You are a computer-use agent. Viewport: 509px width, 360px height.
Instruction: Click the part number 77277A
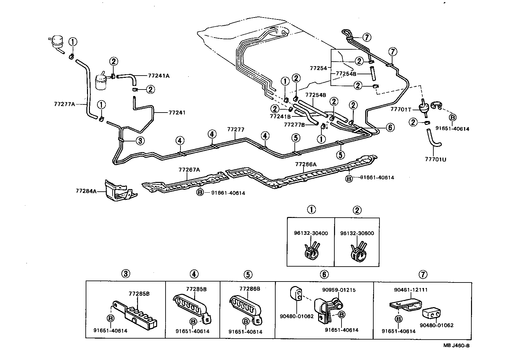64,104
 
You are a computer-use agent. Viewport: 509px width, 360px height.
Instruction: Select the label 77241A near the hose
159,76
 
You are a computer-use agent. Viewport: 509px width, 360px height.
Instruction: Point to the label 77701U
435,159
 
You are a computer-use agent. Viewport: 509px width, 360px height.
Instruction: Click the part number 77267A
189,170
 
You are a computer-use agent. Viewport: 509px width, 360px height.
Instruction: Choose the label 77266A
306,164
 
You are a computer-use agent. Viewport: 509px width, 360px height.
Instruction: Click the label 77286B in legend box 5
250,289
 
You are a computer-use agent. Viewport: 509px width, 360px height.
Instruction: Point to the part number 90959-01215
339,290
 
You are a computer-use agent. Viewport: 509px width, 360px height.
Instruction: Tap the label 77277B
294,125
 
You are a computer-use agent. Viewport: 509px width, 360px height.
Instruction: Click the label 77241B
280,116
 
